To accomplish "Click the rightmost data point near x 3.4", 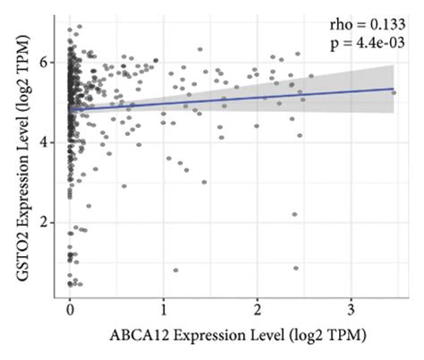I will coord(394,92).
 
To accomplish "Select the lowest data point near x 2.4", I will coord(296,268).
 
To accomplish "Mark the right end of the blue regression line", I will coord(394,89).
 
